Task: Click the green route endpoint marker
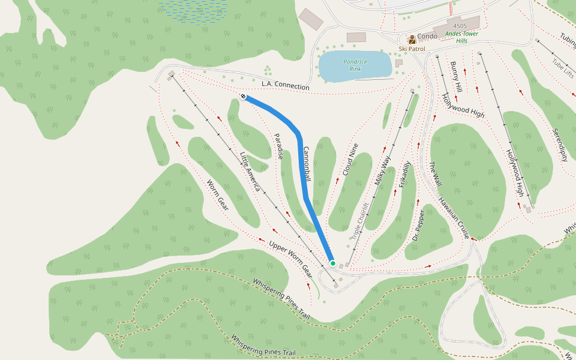pyautogui.click(x=333, y=263)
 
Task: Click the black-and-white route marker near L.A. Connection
pyautogui.click(x=243, y=96)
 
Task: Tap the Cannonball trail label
pyautogui.click(x=307, y=164)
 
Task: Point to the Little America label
pyautogui.click(x=250, y=172)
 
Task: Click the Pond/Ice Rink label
pyautogui.click(x=355, y=65)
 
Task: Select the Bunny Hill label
pyautogui.click(x=454, y=77)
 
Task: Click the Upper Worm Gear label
pyautogui.click(x=290, y=257)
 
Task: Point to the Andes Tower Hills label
pyautogui.click(x=461, y=37)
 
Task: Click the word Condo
pyautogui.click(x=427, y=36)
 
